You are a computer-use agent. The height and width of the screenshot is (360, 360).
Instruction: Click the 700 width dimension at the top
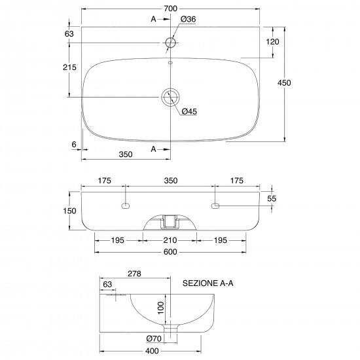[171, 9]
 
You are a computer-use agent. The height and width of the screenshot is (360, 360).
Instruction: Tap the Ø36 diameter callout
[188, 19]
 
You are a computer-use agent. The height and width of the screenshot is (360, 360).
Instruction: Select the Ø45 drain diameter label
[189, 111]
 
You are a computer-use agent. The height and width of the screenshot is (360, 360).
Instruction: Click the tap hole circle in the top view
[171, 43]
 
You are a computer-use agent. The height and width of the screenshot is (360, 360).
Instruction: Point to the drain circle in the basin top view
[170, 97]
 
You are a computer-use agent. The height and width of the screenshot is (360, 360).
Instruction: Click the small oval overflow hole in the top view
[171, 62]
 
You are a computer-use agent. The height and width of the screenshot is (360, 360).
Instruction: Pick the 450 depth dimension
[284, 82]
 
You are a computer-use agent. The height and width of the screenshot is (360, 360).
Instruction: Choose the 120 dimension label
[272, 42]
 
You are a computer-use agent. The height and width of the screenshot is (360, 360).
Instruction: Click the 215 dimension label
[69, 67]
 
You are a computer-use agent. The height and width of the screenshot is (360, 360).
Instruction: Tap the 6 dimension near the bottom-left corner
[74, 145]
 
